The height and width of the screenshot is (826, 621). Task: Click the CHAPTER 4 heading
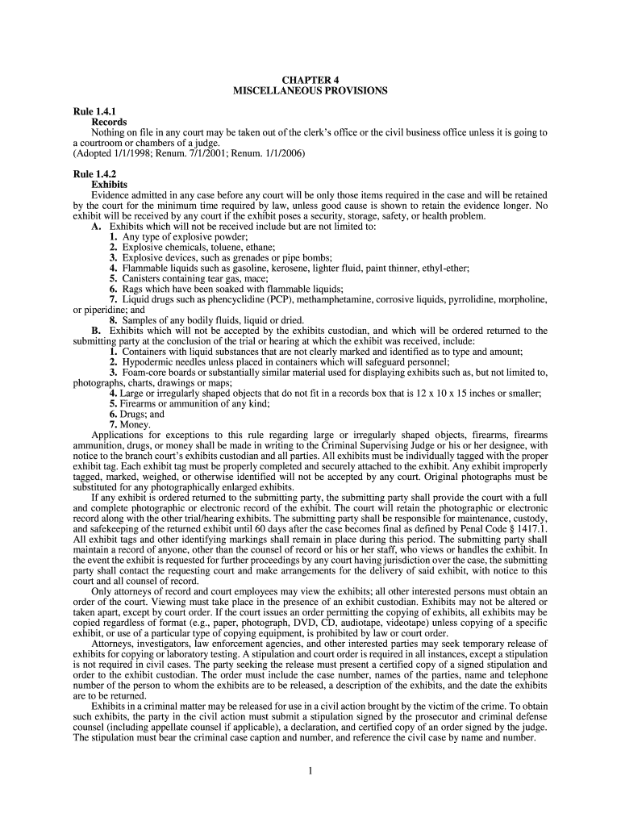pos(310,80)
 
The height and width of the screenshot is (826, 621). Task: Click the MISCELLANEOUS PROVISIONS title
pos(310,91)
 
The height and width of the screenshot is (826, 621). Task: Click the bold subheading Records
pos(109,121)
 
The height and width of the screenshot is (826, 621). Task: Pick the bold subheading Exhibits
pos(109,185)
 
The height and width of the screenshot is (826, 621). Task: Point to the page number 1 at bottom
pos(310,770)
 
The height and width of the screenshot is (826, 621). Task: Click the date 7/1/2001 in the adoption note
pos(196,152)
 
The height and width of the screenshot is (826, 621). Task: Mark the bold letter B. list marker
pos(96,331)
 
